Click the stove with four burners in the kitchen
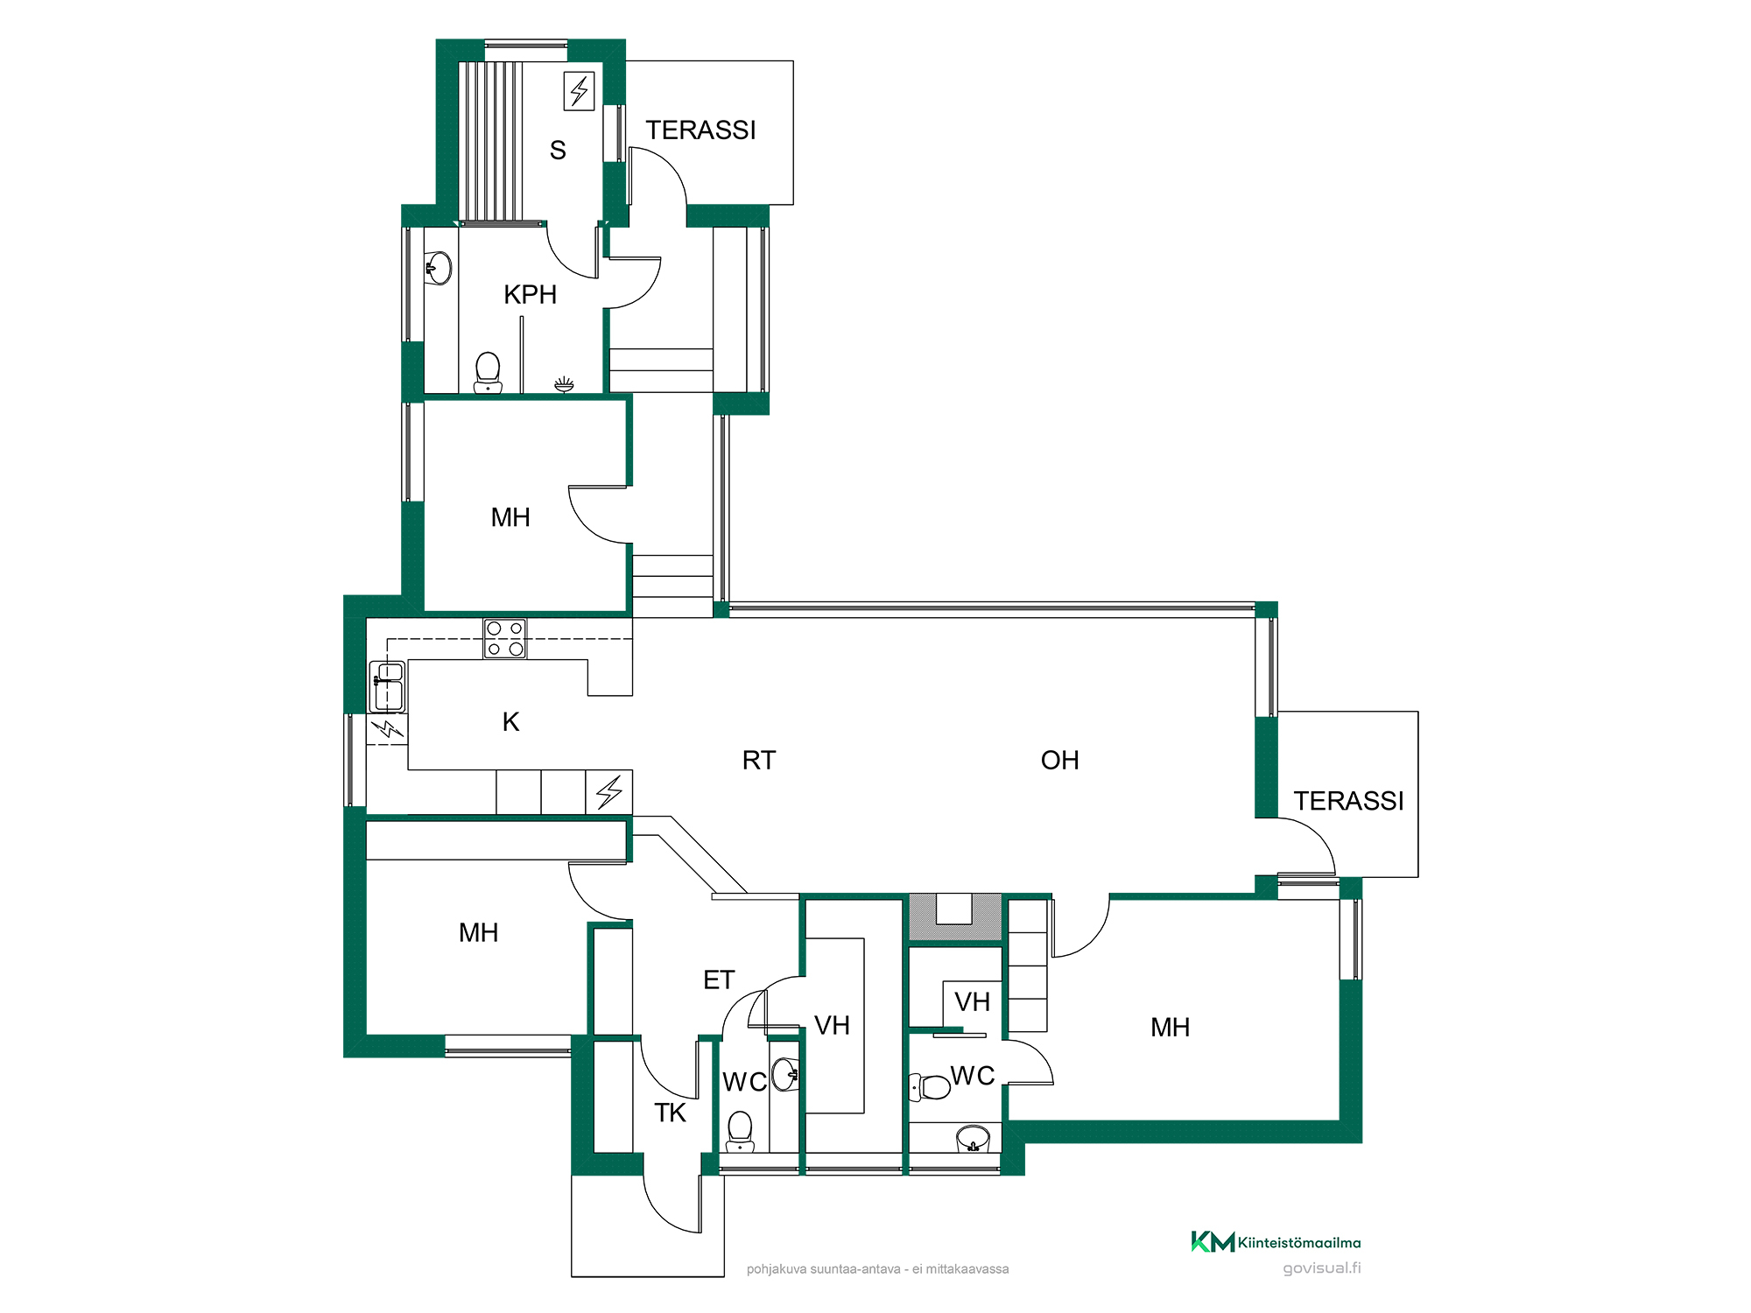point(505,639)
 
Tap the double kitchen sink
point(388,686)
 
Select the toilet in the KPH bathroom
point(488,373)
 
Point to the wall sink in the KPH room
point(438,268)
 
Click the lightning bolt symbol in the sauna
point(579,90)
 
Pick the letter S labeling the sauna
point(558,151)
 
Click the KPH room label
point(530,295)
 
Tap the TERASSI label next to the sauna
point(700,130)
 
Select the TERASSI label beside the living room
point(1348,801)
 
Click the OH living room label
point(1059,760)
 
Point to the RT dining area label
point(759,760)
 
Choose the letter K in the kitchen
point(511,721)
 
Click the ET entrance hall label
point(719,979)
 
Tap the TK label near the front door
point(671,1113)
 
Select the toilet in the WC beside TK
point(740,1132)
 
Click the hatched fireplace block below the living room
point(955,916)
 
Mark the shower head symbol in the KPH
point(564,383)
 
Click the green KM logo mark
point(1213,1241)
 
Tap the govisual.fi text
point(1322,1268)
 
